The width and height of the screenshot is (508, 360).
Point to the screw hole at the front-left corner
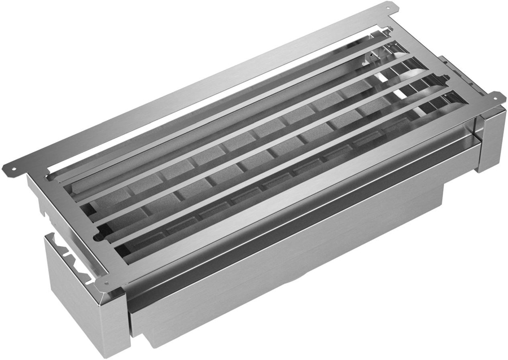click(105, 282)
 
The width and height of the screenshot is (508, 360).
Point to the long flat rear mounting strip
click(198, 85)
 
